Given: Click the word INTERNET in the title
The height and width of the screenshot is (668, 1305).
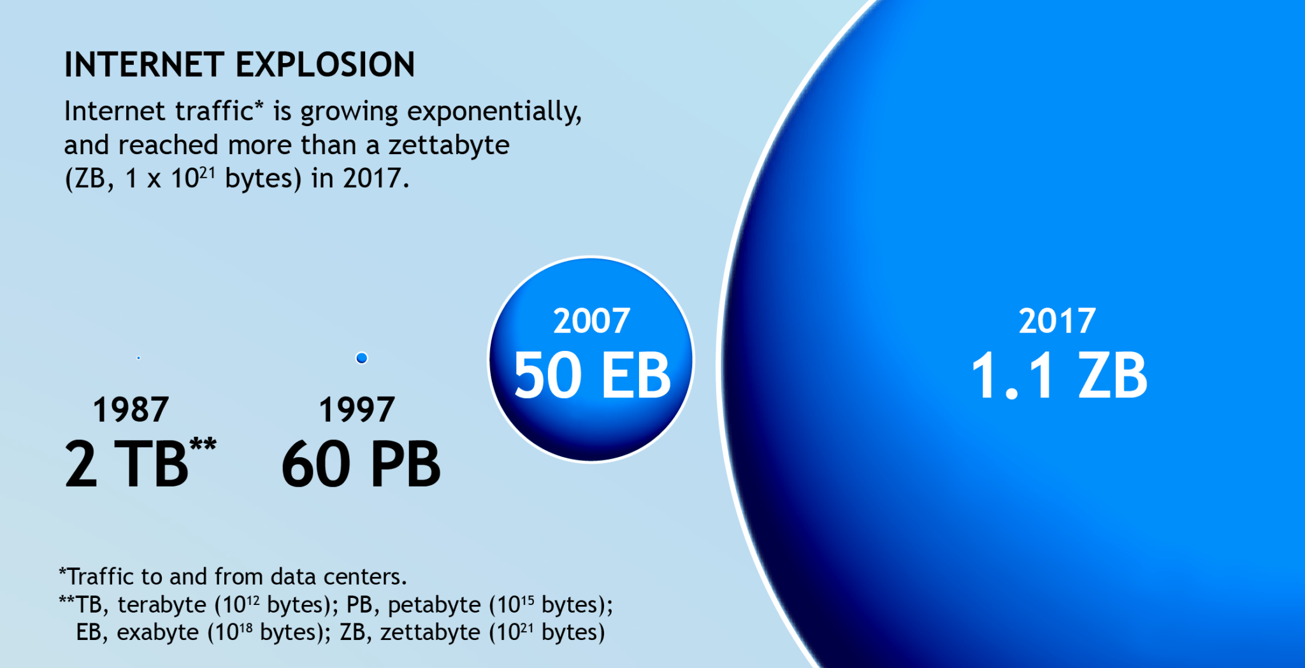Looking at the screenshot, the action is point(144,65).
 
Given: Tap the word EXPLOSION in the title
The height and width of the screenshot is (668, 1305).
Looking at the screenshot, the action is point(326,65).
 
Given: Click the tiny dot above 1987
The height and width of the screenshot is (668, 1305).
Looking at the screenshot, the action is point(138,358).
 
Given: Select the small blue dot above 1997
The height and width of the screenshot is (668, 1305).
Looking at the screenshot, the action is point(361,358).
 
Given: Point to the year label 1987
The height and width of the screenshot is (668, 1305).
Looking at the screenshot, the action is point(131,409).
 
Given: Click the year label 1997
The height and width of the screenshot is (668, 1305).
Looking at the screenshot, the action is point(357,409).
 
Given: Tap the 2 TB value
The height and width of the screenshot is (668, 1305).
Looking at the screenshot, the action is point(127,464).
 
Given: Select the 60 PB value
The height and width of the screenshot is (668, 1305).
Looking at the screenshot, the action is point(361,464).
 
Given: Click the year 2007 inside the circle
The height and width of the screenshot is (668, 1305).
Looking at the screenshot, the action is point(592,321).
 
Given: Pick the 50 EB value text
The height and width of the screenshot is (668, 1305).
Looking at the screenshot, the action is point(593,375).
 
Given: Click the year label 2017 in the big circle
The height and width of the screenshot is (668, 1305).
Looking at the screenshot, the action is point(1057,321).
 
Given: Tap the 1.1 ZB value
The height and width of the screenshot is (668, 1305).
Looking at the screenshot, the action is point(1059,375).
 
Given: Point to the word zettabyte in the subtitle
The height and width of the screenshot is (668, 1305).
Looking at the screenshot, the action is point(449,145).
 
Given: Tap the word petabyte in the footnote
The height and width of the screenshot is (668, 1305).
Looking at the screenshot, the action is point(435,605).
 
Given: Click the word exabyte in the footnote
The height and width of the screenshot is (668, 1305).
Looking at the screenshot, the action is point(158,633).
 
